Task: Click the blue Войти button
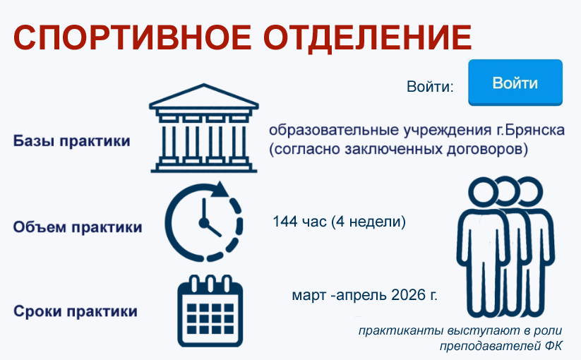(x=515, y=83)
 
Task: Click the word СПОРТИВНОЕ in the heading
(x=132, y=37)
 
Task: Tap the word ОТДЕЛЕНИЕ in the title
(x=368, y=38)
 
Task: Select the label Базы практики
(x=71, y=141)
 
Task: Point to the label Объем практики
(x=78, y=227)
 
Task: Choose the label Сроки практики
(x=76, y=311)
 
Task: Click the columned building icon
(x=204, y=128)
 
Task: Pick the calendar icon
(x=210, y=311)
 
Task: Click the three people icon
(x=505, y=247)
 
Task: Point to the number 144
(x=285, y=222)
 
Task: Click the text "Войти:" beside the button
(x=430, y=86)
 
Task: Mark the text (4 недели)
(x=369, y=222)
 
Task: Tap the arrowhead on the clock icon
(x=221, y=189)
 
